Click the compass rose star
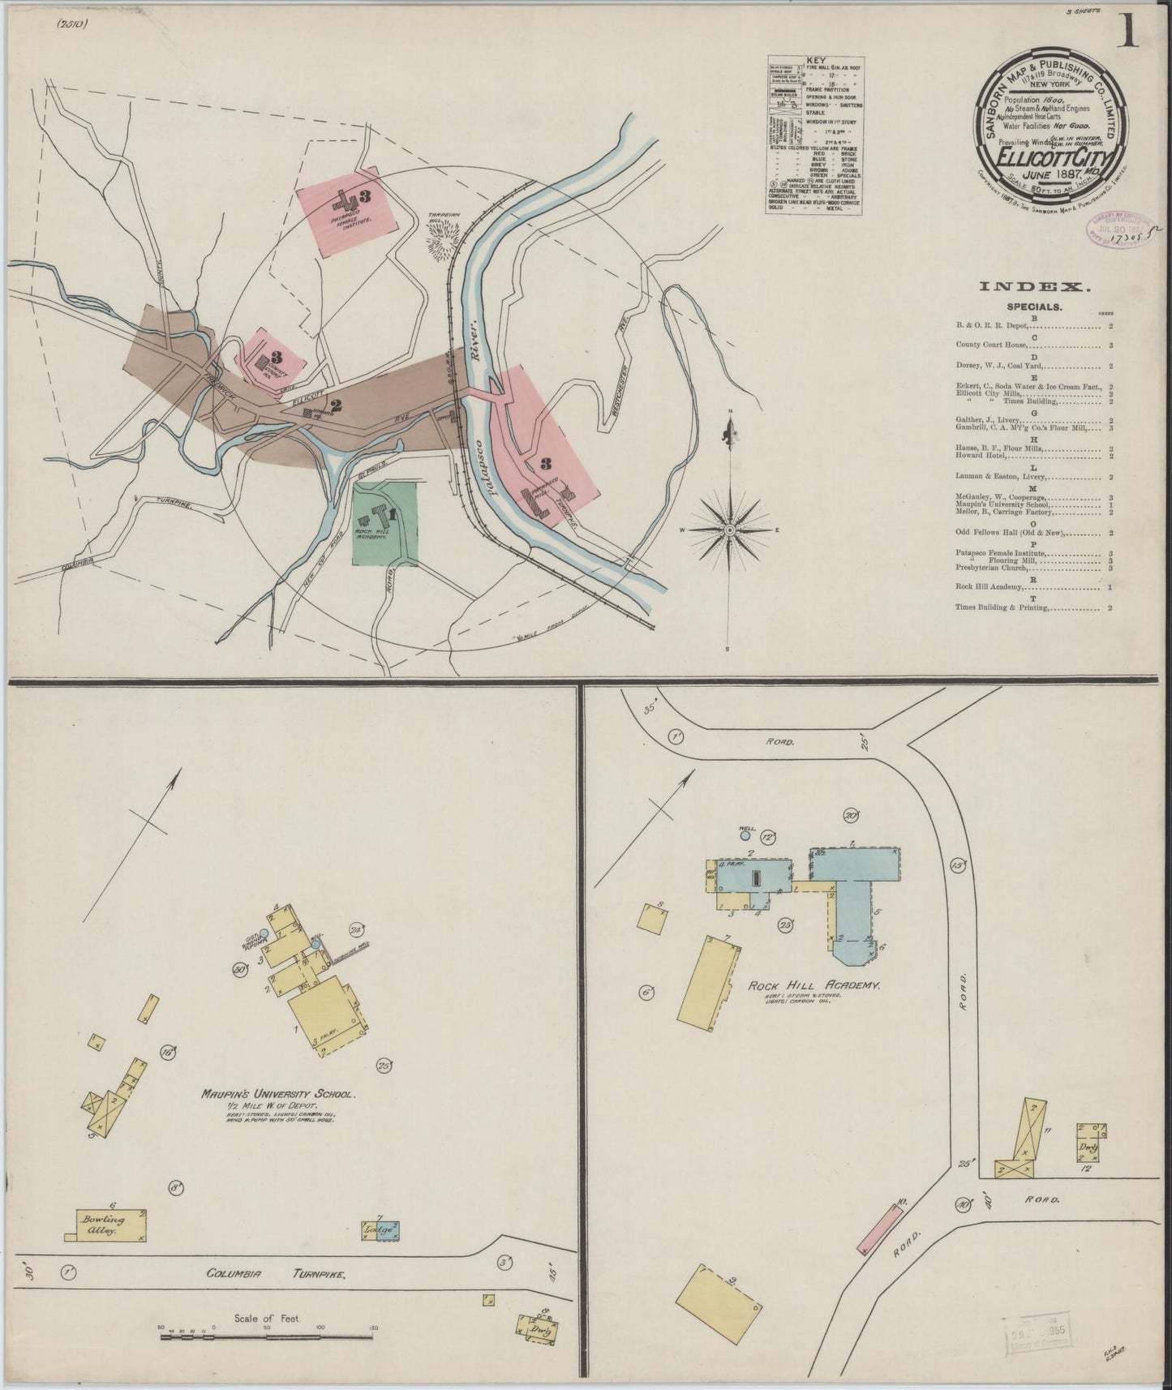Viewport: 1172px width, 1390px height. coord(730,530)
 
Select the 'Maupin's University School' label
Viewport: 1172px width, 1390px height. coord(277,1094)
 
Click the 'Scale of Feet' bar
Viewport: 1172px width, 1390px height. coord(268,1330)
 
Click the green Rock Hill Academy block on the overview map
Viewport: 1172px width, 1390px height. coord(386,523)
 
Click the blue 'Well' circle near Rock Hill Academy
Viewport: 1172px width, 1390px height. coord(745,835)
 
